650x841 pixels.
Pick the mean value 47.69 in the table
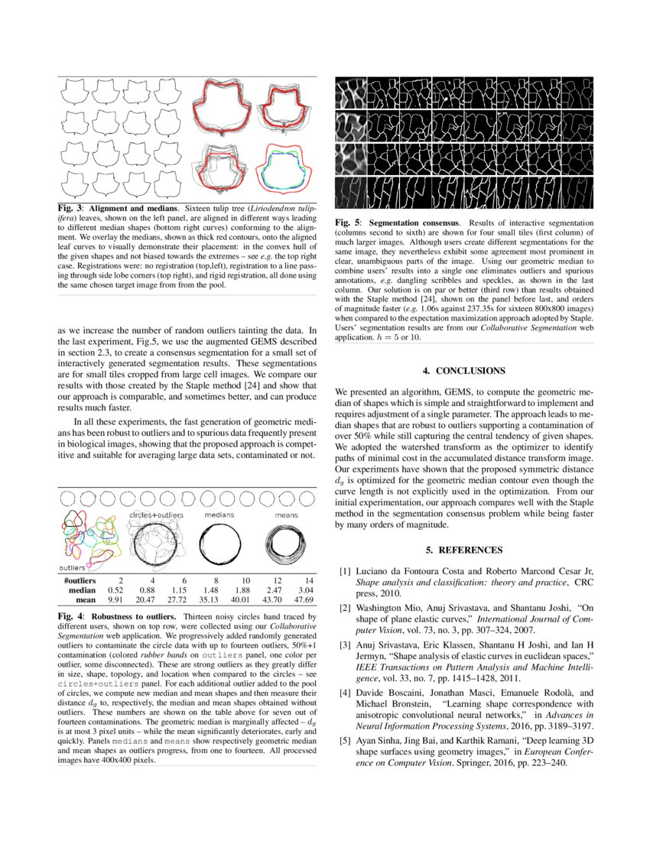[304, 601]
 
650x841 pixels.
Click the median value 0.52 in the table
[116, 590]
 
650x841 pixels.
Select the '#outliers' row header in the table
[80, 580]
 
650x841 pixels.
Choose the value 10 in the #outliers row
[245, 580]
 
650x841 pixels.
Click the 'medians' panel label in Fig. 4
[219, 515]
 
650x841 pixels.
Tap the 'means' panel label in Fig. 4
[287, 515]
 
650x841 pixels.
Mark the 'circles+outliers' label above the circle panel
[156, 515]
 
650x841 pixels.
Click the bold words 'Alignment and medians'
[134, 208]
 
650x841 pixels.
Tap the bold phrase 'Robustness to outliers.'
[134, 615]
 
